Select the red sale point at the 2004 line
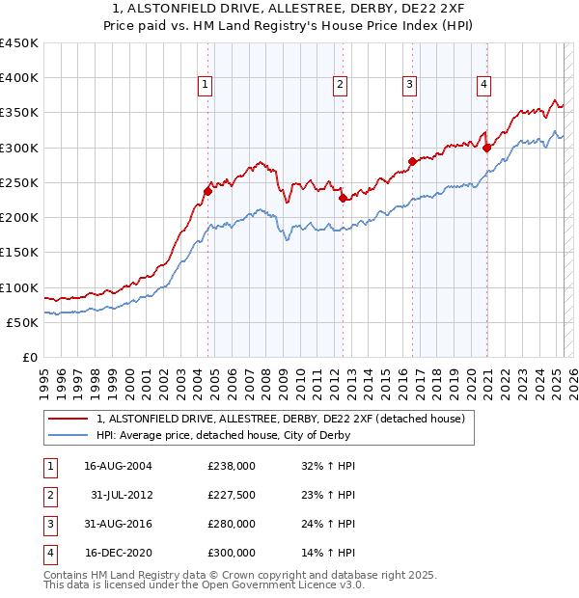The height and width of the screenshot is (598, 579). (207, 191)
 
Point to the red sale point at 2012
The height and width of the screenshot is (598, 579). (343, 199)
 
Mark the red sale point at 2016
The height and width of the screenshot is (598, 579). (412, 162)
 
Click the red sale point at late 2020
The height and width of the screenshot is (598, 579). (486, 148)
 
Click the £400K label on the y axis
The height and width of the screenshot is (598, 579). (19, 78)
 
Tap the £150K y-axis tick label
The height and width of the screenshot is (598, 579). (19, 253)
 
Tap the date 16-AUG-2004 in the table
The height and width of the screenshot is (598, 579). (118, 465)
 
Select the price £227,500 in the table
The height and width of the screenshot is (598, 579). (231, 495)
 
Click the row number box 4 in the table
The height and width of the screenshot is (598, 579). (48, 554)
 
